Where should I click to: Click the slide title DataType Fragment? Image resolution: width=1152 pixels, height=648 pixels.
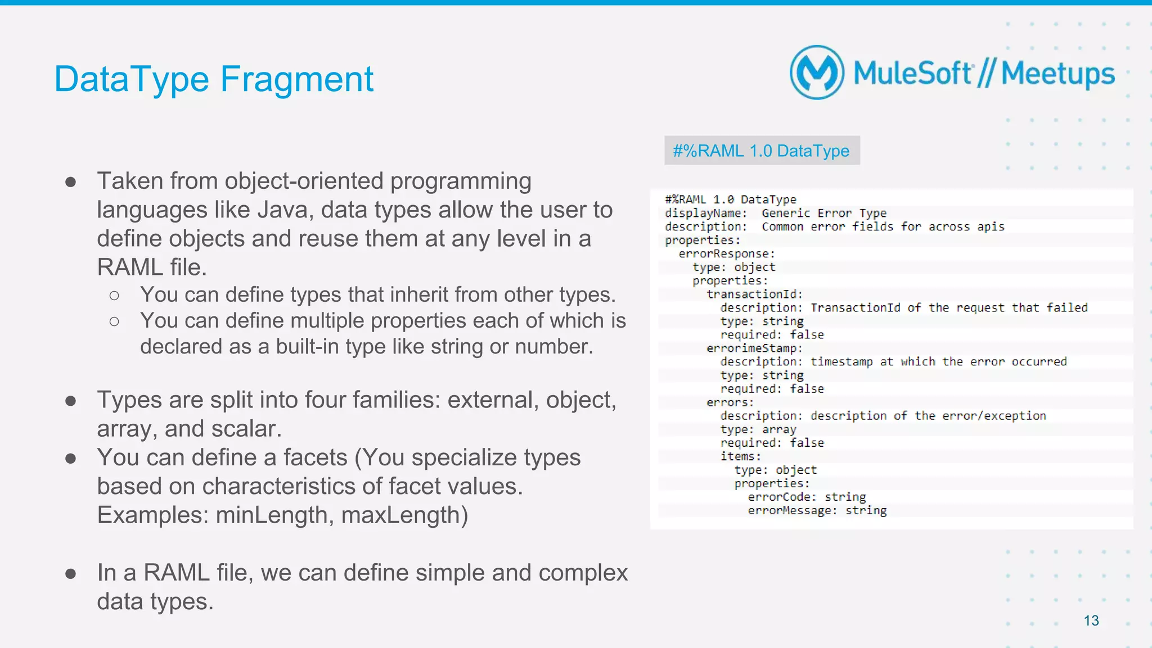tap(214, 79)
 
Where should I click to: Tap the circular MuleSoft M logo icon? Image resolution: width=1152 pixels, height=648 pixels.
tap(817, 72)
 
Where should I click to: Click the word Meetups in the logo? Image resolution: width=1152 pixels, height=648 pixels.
tap(1057, 74)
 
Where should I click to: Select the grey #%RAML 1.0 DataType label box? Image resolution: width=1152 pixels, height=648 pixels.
tap(762, 151)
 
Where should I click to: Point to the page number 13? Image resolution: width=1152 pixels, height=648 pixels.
tap(1091, 620)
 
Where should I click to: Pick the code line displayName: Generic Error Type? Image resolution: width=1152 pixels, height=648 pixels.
tap(775, 213)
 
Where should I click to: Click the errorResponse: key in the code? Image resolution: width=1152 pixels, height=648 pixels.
tap(726, 253)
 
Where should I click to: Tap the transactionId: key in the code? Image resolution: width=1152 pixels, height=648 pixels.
tap(754, 294)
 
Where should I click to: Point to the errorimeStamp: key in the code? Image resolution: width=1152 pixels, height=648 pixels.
tap(754, 348)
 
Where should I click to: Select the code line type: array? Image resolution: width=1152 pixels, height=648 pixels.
tap(758, 429)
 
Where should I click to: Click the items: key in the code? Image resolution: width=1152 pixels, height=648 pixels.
tap(740, 456)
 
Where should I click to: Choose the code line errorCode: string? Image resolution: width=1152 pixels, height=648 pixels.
tap(806, 497)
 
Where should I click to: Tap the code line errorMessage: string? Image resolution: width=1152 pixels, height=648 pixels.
tap(817, 510)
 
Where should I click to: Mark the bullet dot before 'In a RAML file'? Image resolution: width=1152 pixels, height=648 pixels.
tap(71, 573)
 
